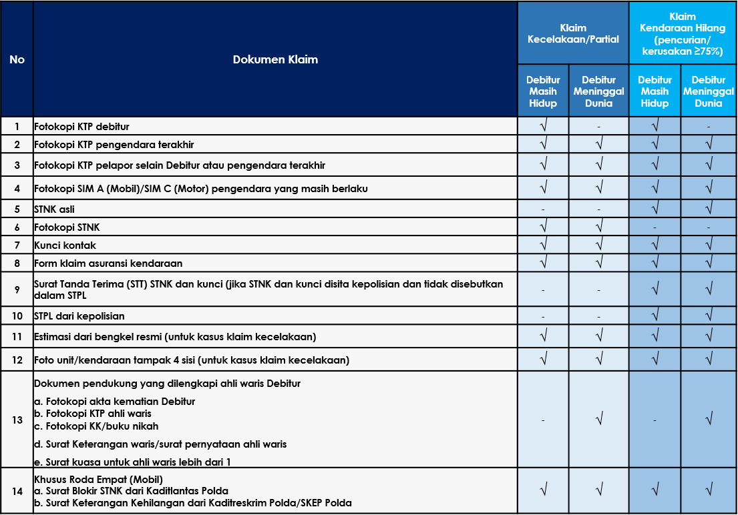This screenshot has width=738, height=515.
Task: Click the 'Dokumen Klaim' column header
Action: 275,59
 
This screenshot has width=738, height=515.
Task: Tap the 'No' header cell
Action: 17,59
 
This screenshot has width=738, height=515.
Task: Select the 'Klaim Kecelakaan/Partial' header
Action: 573,33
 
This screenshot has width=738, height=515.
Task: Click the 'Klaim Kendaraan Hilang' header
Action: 682,33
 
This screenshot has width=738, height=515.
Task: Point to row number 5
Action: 17,209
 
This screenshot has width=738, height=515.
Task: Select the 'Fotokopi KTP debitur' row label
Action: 81,126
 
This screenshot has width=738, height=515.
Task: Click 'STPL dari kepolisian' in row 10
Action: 79,316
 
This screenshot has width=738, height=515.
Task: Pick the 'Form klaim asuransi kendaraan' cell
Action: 108,263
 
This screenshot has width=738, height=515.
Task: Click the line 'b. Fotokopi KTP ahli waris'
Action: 92,414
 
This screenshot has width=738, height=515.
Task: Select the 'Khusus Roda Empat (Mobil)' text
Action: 98,479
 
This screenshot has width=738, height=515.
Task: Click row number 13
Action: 17,420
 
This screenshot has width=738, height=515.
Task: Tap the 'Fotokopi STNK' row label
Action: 67,227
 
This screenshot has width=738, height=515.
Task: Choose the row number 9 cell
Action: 17,289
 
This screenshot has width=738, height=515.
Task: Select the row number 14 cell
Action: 17,491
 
